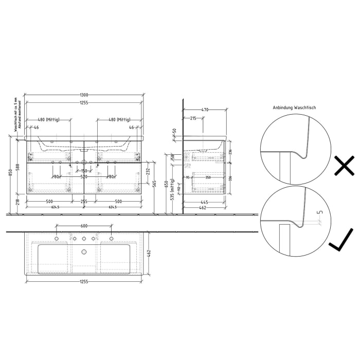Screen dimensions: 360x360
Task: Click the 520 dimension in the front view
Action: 83,177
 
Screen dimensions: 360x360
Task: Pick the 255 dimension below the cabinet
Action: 83,201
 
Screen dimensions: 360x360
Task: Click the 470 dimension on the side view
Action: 204,110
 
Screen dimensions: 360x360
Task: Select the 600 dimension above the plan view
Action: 84,226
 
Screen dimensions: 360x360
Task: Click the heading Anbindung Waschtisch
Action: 295,108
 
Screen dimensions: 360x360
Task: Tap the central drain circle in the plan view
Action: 83,252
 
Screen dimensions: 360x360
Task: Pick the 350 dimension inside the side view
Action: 208,177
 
